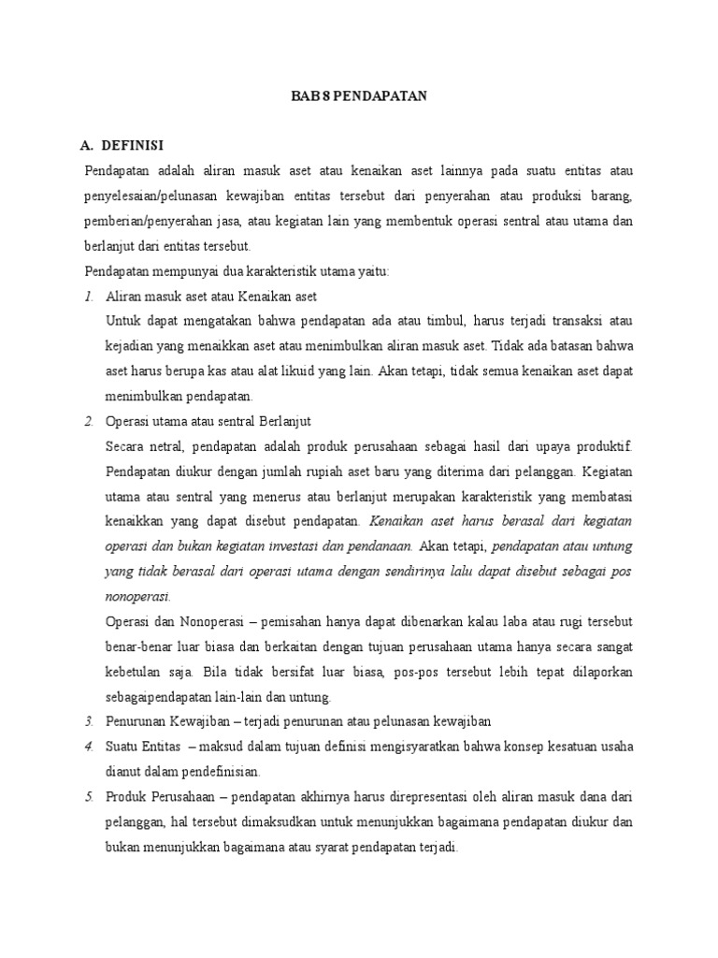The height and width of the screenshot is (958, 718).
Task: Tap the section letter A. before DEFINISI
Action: pyautogui.click(x=89, y=147)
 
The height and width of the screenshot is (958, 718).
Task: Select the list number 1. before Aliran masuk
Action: pyautogui.click(x=88, y=297)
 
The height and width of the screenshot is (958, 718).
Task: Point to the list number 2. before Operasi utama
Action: pyautogui.click(x=88, y=421)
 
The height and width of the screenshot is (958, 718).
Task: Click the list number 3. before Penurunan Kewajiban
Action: pyautogui.click(x=88, y=720)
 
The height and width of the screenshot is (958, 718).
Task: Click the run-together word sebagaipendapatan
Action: pyautogui.click(x=165, y=696)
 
